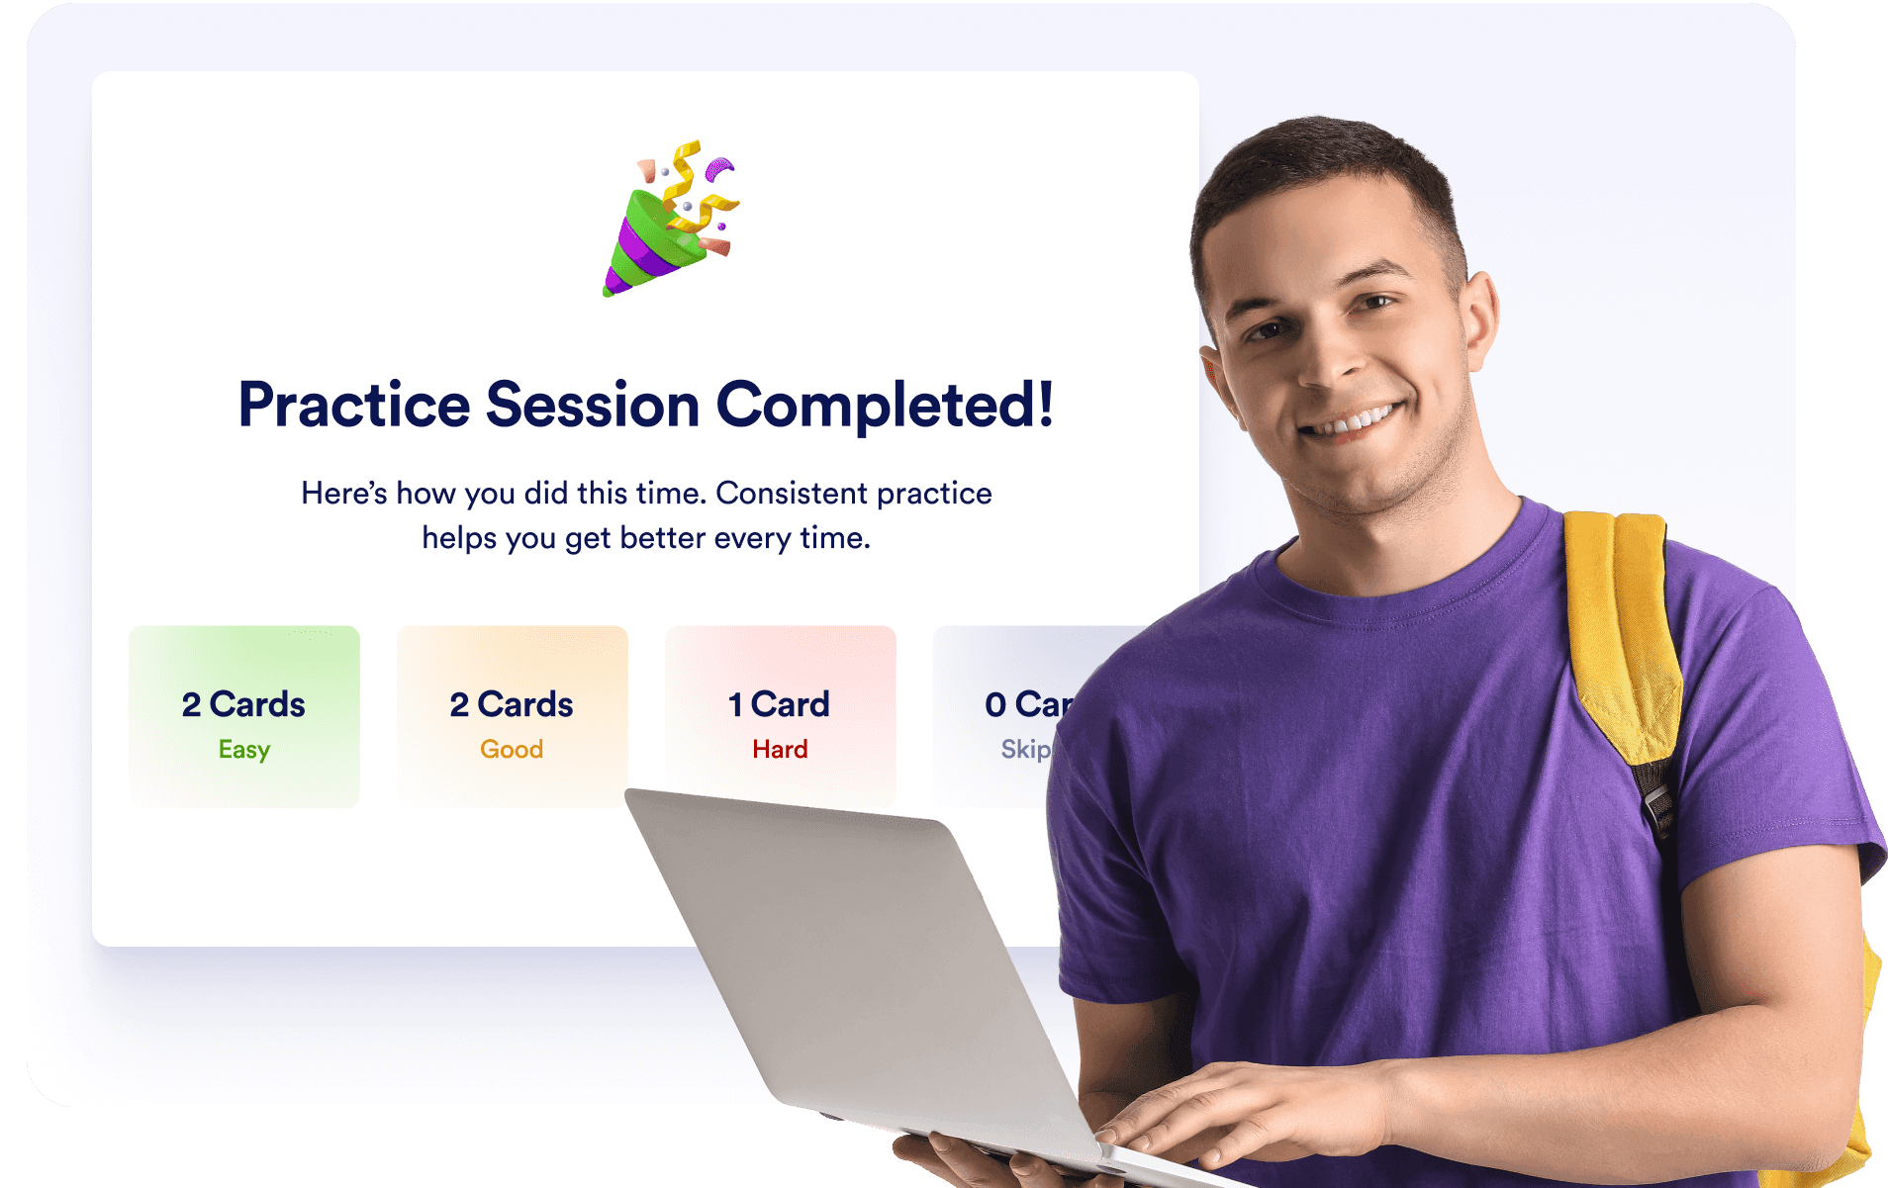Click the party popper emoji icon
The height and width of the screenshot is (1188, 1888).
pos(670,220)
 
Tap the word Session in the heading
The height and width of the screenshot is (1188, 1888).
pos(593,406)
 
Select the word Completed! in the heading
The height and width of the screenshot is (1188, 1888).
pos(885,406)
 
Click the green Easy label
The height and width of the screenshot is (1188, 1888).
pos(244,750)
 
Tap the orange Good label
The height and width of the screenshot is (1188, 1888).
pos(512,750)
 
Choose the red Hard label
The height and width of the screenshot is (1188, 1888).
pos(780,750)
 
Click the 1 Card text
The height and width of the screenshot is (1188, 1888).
pos(779,704)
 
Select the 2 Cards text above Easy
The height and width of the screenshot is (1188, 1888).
pos(243,704)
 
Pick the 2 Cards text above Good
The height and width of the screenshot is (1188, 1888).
pos(512,704)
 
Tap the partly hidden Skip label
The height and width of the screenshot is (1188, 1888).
pos(1025,750)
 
